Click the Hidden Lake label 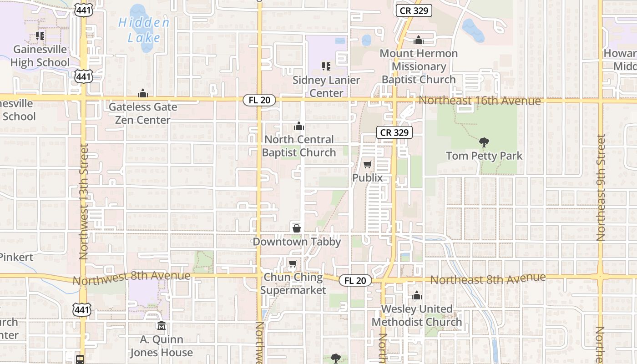click(143, 30)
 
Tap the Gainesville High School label click(40, 56)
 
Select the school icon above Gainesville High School click(40, 35)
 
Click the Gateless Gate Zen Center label click(143, 113)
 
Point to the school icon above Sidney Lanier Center click(326, 66)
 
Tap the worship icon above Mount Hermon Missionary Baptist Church click(419, 40)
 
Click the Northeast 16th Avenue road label click(480, 101)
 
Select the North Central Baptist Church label click(299, 146)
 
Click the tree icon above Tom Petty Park click(484, 142)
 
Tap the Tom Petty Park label click(484, 156)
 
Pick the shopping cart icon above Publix click(367, 164)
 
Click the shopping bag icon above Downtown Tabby click(297, 228)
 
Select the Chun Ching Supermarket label click(293, 283)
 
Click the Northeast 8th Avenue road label click(488, 278)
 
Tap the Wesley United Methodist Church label click(417, 316)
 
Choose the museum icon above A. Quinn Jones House click(161, 326)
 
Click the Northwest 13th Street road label click(83, 202)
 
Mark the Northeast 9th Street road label click(602, 187)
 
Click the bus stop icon click(80, 359)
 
